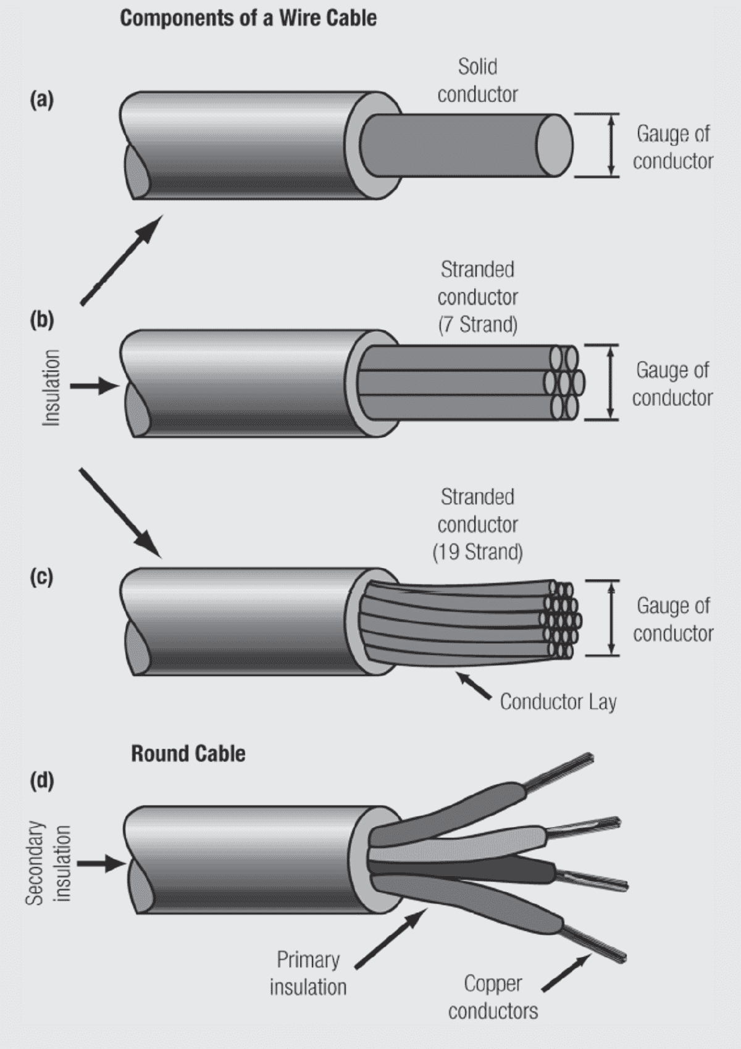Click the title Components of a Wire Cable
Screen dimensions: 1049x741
click(x=248, y=18)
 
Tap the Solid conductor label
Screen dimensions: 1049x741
click(x=477, y=81)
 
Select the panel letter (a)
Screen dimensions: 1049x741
click(x=42, y=99)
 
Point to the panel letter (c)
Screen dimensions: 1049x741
click(x=42, y=577)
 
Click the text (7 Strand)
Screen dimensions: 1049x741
click(x=477, y=324)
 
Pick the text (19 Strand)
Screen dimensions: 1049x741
click(x=477, y=551)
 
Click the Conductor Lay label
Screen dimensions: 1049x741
click(x=558, y=702)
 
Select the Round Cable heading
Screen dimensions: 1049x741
click(x=188, y=753)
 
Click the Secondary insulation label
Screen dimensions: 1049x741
click(x=48, y=863)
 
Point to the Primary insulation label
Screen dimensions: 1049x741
click(x=308, y=973)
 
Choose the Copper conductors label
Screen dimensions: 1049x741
click(x=493, y=997)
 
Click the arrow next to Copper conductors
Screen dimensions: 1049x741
click(x=566, y=973)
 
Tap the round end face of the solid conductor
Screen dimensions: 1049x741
click(x=554, y=146)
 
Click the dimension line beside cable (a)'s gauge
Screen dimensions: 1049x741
click(x=611, y=146)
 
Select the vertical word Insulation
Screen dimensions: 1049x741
click(x=51, y=387)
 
